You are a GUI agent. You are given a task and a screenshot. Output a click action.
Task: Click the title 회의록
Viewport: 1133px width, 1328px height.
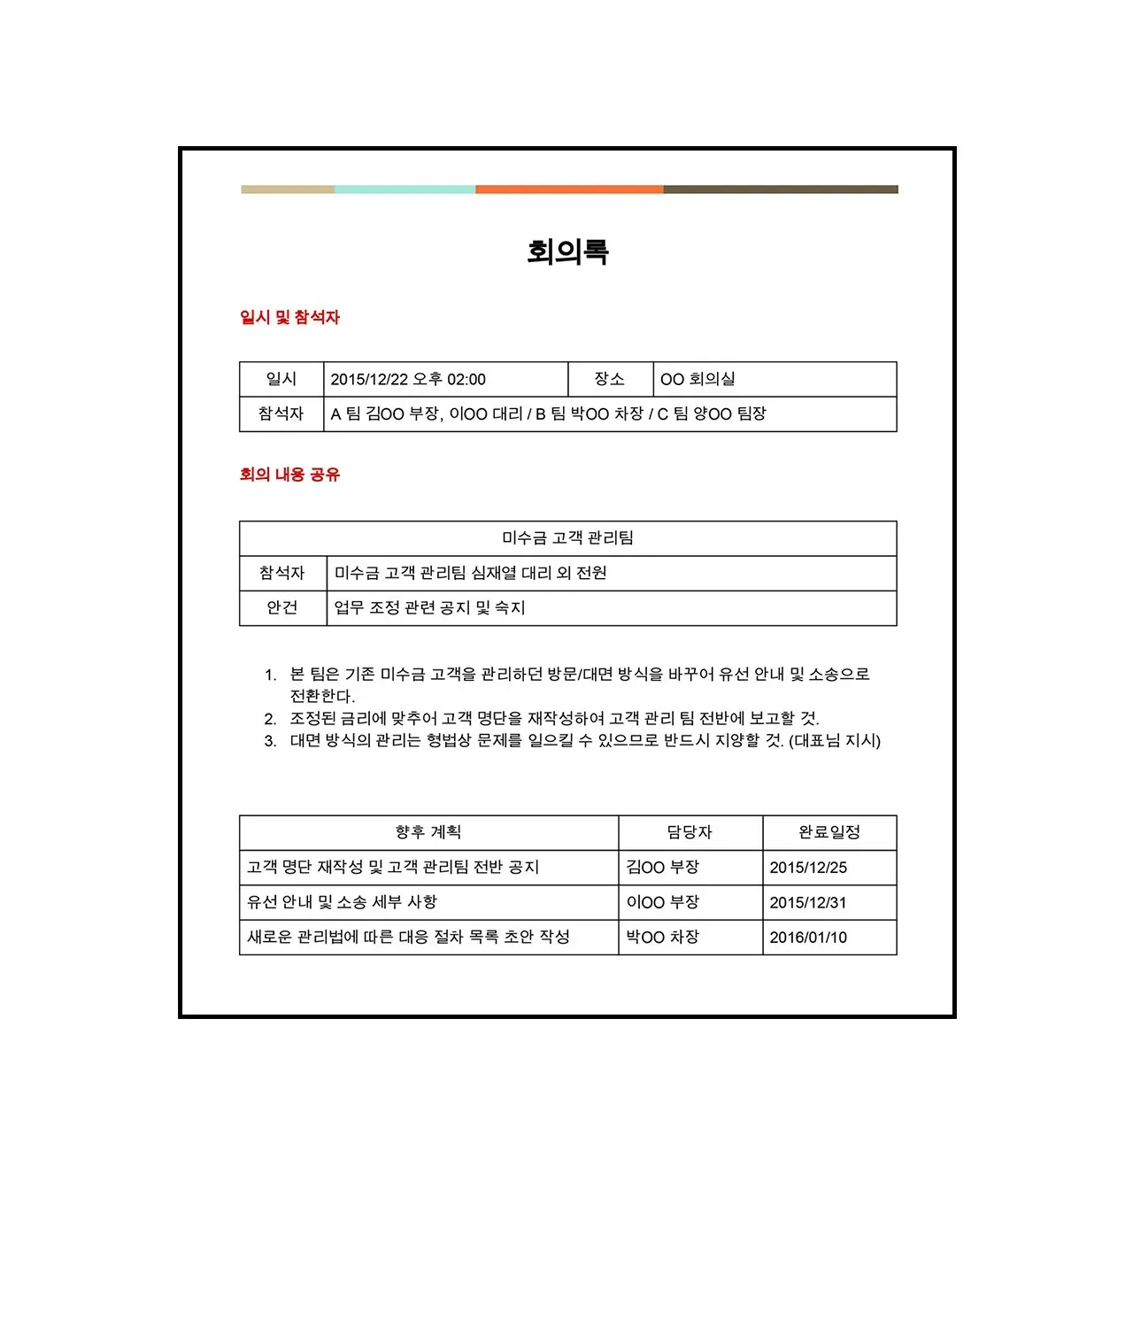coord(567,252)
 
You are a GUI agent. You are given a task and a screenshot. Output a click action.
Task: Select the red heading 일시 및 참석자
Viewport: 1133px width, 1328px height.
coord(289,317)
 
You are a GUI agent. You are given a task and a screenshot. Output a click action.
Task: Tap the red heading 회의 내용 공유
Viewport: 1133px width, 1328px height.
coord(289,475)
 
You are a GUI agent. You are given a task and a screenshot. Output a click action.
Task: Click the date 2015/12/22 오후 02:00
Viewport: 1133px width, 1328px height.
coord(408,380)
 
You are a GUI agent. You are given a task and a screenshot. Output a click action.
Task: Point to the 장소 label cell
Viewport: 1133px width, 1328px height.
coord(609,380)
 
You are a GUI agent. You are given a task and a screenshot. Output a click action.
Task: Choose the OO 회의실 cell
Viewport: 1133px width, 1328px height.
coord(698,380)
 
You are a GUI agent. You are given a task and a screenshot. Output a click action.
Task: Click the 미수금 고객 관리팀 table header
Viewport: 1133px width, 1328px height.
coord(567,538)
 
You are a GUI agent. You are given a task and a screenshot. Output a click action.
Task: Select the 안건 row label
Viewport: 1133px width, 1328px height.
coord(281,608)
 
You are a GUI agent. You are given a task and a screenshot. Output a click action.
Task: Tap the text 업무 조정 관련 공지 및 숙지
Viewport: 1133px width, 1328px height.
coord(429,608)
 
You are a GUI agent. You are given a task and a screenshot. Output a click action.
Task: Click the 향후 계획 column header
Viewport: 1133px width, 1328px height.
coord(428,832)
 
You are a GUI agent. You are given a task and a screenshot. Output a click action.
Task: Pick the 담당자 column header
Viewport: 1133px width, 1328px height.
coord(690,832)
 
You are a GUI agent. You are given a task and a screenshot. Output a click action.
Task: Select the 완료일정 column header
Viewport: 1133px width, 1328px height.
coord(829,832)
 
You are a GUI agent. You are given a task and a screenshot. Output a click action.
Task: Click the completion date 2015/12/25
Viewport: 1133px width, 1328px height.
coord(808,868)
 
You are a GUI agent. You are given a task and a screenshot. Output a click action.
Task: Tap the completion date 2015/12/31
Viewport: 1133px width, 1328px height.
coord(808,903)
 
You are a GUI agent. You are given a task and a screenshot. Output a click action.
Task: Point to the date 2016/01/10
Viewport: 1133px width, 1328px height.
coord(808,938)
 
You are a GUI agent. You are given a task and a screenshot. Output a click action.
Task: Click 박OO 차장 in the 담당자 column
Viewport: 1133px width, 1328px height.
coord(662,938)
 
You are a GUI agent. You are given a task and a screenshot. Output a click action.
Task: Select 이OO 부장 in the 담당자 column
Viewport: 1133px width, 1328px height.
coord(662,903)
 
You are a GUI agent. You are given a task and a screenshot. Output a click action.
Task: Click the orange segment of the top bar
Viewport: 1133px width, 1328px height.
coord(569,189)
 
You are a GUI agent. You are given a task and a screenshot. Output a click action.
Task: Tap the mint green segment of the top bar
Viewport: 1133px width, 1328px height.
coord(405,189)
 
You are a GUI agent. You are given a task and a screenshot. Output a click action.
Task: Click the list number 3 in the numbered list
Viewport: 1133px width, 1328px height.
coord(270,741)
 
